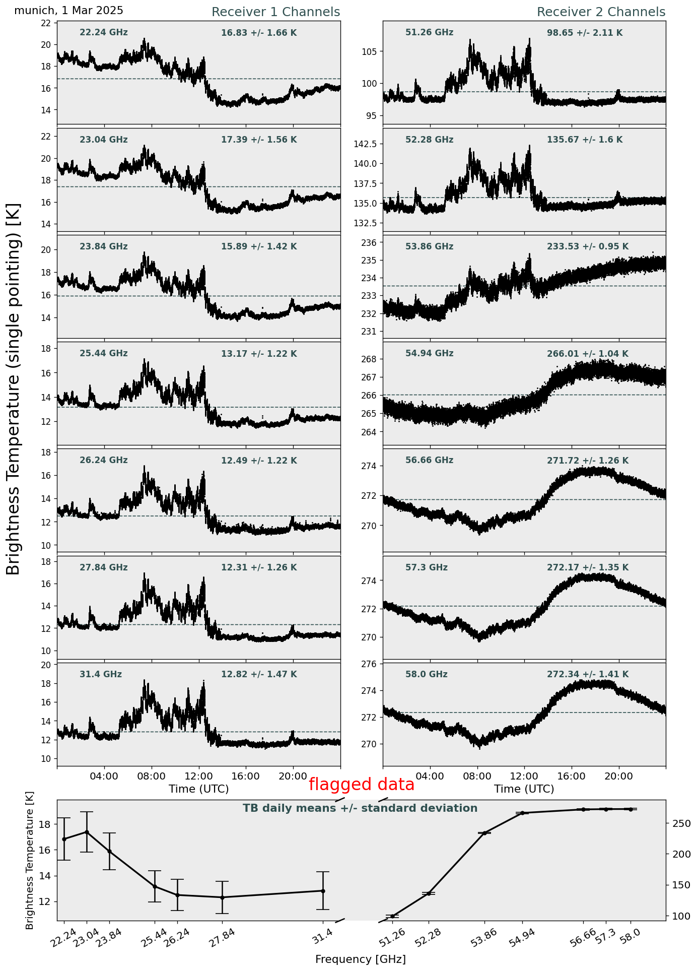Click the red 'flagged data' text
362,785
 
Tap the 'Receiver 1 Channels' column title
275,12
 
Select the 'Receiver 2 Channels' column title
601,12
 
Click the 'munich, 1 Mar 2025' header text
68,11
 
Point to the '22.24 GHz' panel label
104,33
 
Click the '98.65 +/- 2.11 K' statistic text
585,33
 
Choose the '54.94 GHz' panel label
430,354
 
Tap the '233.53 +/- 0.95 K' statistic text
588,247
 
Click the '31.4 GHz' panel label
101,674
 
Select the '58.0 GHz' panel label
427,674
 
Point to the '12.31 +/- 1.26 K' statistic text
259,567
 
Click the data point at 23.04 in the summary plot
87,832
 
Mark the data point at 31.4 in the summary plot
323,891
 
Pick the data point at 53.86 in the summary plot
484,833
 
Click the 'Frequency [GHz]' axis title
361,959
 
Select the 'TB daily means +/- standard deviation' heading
360,808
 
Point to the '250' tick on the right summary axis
680,824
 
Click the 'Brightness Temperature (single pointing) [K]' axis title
14,389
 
